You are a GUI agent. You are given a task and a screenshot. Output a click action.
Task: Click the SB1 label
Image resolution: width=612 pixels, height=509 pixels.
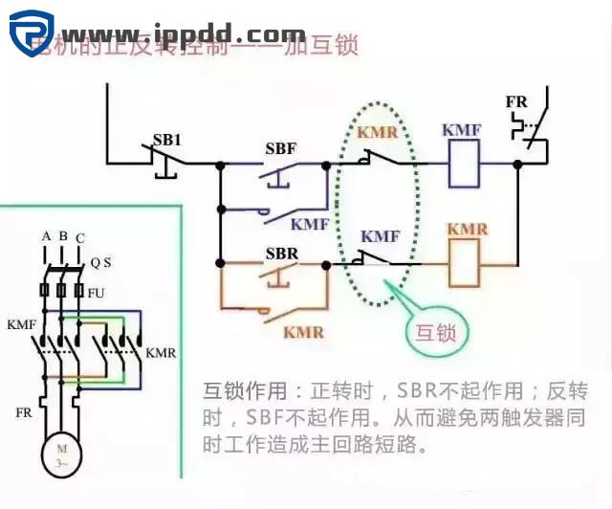tap(167, 140)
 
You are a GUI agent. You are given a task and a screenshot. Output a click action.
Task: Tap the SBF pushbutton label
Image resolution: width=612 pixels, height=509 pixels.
tap(282, 149)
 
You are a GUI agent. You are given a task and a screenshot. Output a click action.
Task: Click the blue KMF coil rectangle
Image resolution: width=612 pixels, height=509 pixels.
tap(464, 165)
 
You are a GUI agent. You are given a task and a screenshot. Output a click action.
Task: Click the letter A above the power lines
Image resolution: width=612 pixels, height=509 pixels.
tap(46, 236)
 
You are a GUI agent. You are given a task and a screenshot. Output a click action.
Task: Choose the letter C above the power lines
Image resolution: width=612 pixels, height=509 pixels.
tap(79, 237)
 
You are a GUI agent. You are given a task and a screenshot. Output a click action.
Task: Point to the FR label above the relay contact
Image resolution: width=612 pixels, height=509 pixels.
tap(517, 100)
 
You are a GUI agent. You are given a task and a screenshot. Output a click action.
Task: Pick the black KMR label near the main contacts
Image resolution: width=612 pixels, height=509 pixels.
tap(160, 353)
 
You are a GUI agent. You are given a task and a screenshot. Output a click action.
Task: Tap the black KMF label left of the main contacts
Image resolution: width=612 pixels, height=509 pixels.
tap(21, 324)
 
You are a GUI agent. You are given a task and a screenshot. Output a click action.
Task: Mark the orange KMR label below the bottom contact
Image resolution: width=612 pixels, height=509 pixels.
tap(303, 332)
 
